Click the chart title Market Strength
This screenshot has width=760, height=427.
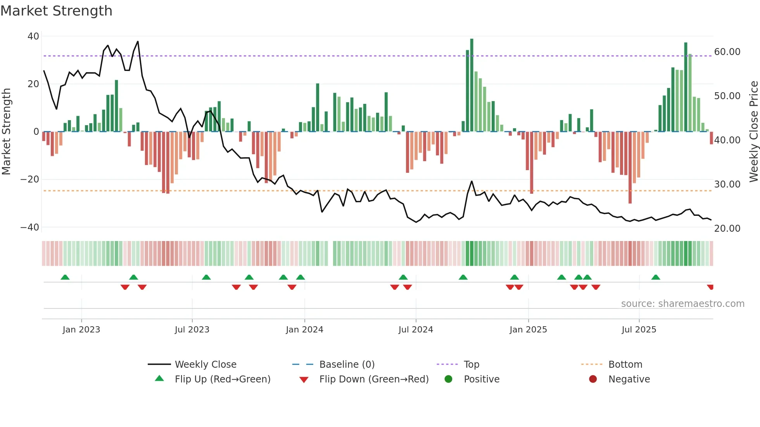(x=56, y=11)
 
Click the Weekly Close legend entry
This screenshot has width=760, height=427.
(x=205, y=365)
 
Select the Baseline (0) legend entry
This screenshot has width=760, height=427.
(x=347, y=365)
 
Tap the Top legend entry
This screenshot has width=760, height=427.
(x=471, y=365)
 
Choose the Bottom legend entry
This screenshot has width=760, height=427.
(x=625, y=365)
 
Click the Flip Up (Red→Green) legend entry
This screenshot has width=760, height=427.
(x=222, y=379)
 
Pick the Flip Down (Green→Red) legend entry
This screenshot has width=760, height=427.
(x=374, y=379)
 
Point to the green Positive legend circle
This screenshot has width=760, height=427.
(x=449, y=379)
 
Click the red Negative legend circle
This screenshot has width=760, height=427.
(x=593, y=379)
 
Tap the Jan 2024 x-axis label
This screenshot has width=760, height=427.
(x=304, y=330)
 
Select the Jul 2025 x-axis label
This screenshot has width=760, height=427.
(x=639, y=330)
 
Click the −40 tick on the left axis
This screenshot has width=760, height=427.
(x=30, y=227)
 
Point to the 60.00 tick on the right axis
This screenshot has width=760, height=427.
(x=727, y=52)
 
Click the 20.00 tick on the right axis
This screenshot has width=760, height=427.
(x=727, y=229)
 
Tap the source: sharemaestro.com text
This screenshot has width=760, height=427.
(x=682, y=304)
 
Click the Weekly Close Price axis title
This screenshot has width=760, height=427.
(x=753, y=132)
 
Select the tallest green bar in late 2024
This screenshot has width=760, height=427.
(x=472, y=85)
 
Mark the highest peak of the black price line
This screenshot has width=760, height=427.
(x=138, y=42)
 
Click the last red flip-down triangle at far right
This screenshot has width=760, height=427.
(x=710, y=287)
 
